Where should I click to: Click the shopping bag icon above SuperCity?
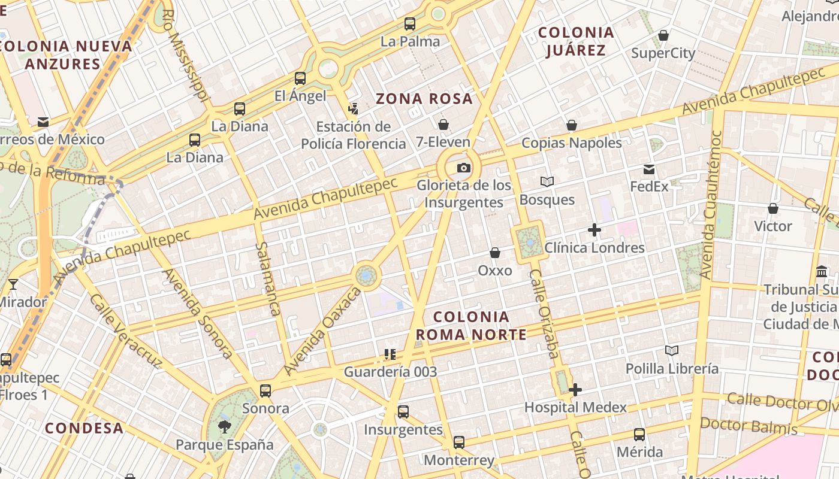[663, 36]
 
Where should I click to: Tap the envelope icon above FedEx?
[649, 169]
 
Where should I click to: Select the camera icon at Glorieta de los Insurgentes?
[463, 168]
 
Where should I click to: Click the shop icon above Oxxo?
[495, 253]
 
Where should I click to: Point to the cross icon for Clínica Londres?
[594, 230]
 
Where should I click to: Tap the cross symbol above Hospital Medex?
[575, 390]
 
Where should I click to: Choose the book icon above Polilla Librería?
[672, 351]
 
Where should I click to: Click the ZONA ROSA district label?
[424, 99]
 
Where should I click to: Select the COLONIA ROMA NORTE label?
[471, 325]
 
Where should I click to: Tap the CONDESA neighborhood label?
[84, 428]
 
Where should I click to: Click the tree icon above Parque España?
[225, 427]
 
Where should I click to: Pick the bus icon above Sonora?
[265, 391]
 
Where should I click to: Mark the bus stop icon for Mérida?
[639, 435]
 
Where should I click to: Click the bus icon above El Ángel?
[300, 78]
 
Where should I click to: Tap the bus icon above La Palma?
[410, 24]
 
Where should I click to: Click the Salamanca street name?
[268, 278]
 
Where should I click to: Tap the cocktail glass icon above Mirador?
[13, 284]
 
